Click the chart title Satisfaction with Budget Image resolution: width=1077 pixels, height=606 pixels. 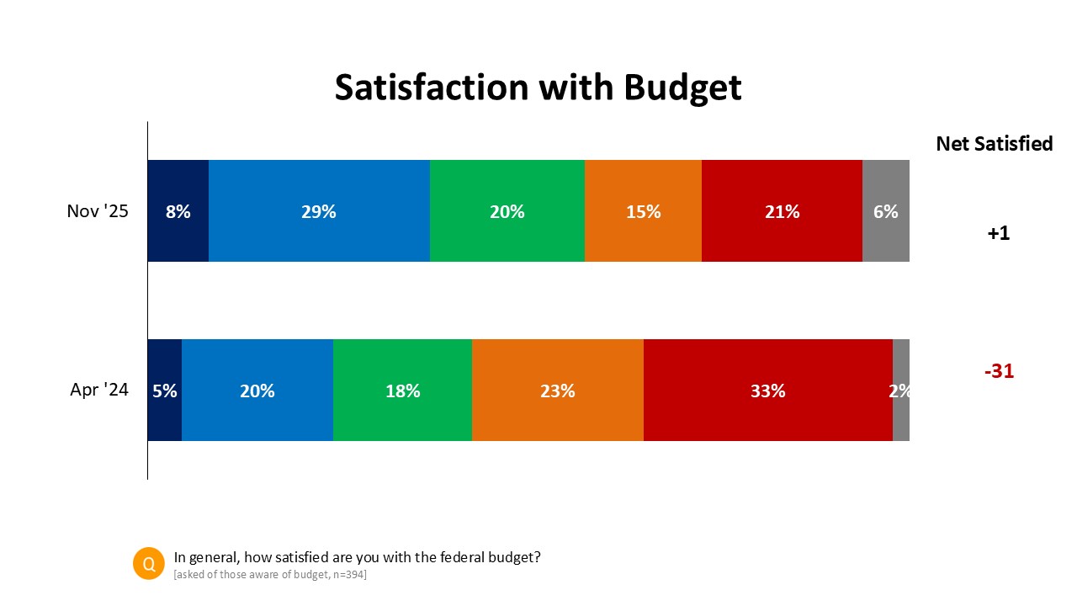[538, 88]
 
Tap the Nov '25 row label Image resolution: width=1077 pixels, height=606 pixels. [98, 211]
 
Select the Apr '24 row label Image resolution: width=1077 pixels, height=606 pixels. [99, 390]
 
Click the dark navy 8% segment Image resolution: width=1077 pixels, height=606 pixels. [178, 211]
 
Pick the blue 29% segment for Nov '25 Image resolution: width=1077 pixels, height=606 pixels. [319, 211]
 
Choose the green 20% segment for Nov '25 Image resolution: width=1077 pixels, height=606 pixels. [507, 211]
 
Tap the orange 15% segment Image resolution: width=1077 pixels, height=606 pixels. [643, 211]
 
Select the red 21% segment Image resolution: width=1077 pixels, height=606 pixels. [782, 211]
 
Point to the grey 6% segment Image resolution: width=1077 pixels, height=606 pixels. [886, 211]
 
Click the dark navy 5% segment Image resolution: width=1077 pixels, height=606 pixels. [165, 390]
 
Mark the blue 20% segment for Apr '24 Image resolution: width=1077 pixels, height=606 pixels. [257, 390]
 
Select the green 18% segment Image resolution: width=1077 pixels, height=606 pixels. [402, 390]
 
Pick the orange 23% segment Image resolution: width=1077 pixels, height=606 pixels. [557, 390]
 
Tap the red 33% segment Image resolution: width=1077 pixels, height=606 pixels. [767, 390]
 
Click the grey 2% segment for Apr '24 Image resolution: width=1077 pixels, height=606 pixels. [901, 390]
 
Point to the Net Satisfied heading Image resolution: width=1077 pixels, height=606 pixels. [994, 144]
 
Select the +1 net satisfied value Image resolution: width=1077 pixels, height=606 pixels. [998, 233]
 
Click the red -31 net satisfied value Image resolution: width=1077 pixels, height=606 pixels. [999, 370]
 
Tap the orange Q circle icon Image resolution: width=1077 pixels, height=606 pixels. [149, 564]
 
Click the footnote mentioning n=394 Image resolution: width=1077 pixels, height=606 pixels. [270, 575]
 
